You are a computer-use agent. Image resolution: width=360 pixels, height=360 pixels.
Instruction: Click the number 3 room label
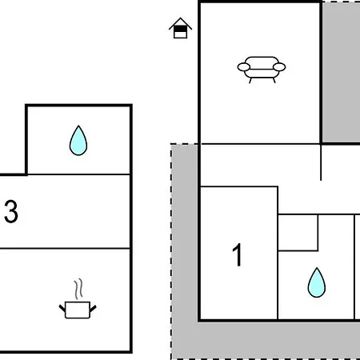(11, 211)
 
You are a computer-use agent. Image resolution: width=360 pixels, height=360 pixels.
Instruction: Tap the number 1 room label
(237, 254)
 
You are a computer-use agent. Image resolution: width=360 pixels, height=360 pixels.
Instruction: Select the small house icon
(180, 28)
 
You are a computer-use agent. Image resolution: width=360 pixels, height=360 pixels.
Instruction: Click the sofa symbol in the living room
(262, 70)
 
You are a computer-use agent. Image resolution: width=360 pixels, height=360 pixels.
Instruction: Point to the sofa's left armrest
(244, 67)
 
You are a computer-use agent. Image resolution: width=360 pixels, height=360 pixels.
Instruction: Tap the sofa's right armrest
(279, 67)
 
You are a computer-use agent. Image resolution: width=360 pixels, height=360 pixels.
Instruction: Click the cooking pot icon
(78, 310)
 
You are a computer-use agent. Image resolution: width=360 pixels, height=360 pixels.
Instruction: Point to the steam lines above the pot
(78, 289)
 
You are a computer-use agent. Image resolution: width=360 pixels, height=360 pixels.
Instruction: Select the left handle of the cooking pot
(62, 309)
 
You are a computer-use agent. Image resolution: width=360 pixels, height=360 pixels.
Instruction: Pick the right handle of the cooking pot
(93, 309)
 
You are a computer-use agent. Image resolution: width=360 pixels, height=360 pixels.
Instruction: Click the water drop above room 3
(78, 141)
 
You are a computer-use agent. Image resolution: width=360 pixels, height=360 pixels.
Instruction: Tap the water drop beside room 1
(317, 282)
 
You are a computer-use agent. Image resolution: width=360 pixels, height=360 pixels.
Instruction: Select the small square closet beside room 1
(298, 233)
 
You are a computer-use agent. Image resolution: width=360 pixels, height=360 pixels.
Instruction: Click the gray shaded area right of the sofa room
(341, 72)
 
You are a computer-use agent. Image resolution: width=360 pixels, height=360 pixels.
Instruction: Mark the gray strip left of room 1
(185, 232)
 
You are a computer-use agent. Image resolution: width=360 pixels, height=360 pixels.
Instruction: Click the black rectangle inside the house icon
(180, 29)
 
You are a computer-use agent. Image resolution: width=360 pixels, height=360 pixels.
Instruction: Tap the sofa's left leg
(250, 80)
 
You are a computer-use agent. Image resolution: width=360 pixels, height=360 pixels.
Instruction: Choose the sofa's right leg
(274, 80)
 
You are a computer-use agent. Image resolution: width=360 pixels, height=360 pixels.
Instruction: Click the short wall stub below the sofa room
(321, 162)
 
